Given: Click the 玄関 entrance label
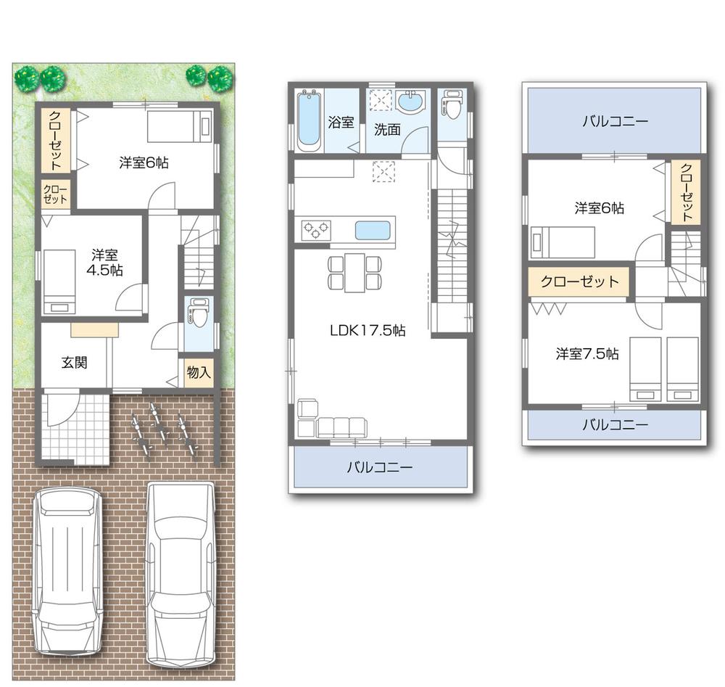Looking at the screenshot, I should click(x=74, y=363).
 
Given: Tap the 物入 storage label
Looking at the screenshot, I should click(x=199, y=373).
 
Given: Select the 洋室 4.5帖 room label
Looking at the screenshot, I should click(x=107, y=263).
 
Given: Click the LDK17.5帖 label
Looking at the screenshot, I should click(x=367, y=331).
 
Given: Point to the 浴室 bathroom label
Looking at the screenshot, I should click(x=341, y=122).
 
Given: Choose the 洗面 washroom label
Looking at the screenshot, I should click(x=387, y=130).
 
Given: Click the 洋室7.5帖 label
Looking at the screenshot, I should click(x=587, y=354).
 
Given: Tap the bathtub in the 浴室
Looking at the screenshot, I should click(x=309, y=120).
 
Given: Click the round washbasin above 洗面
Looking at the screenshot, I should click(x=410, y=102).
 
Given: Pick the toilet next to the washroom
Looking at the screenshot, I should click(x=452, y=104).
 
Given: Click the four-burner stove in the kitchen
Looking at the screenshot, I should click(x=316, y=231).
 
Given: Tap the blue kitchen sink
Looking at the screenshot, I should click(x=373, y=231).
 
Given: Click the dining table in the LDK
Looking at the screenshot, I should click(x=355, y=272).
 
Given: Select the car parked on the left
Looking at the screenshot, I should click(x=67, y=570).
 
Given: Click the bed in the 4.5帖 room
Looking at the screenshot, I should click(x=59, y=282).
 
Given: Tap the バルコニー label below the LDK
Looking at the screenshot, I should click(x=379, y=468).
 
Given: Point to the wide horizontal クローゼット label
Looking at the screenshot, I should click(x=580, y=281).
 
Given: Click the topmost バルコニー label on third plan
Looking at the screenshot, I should click(x=614, y=121).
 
